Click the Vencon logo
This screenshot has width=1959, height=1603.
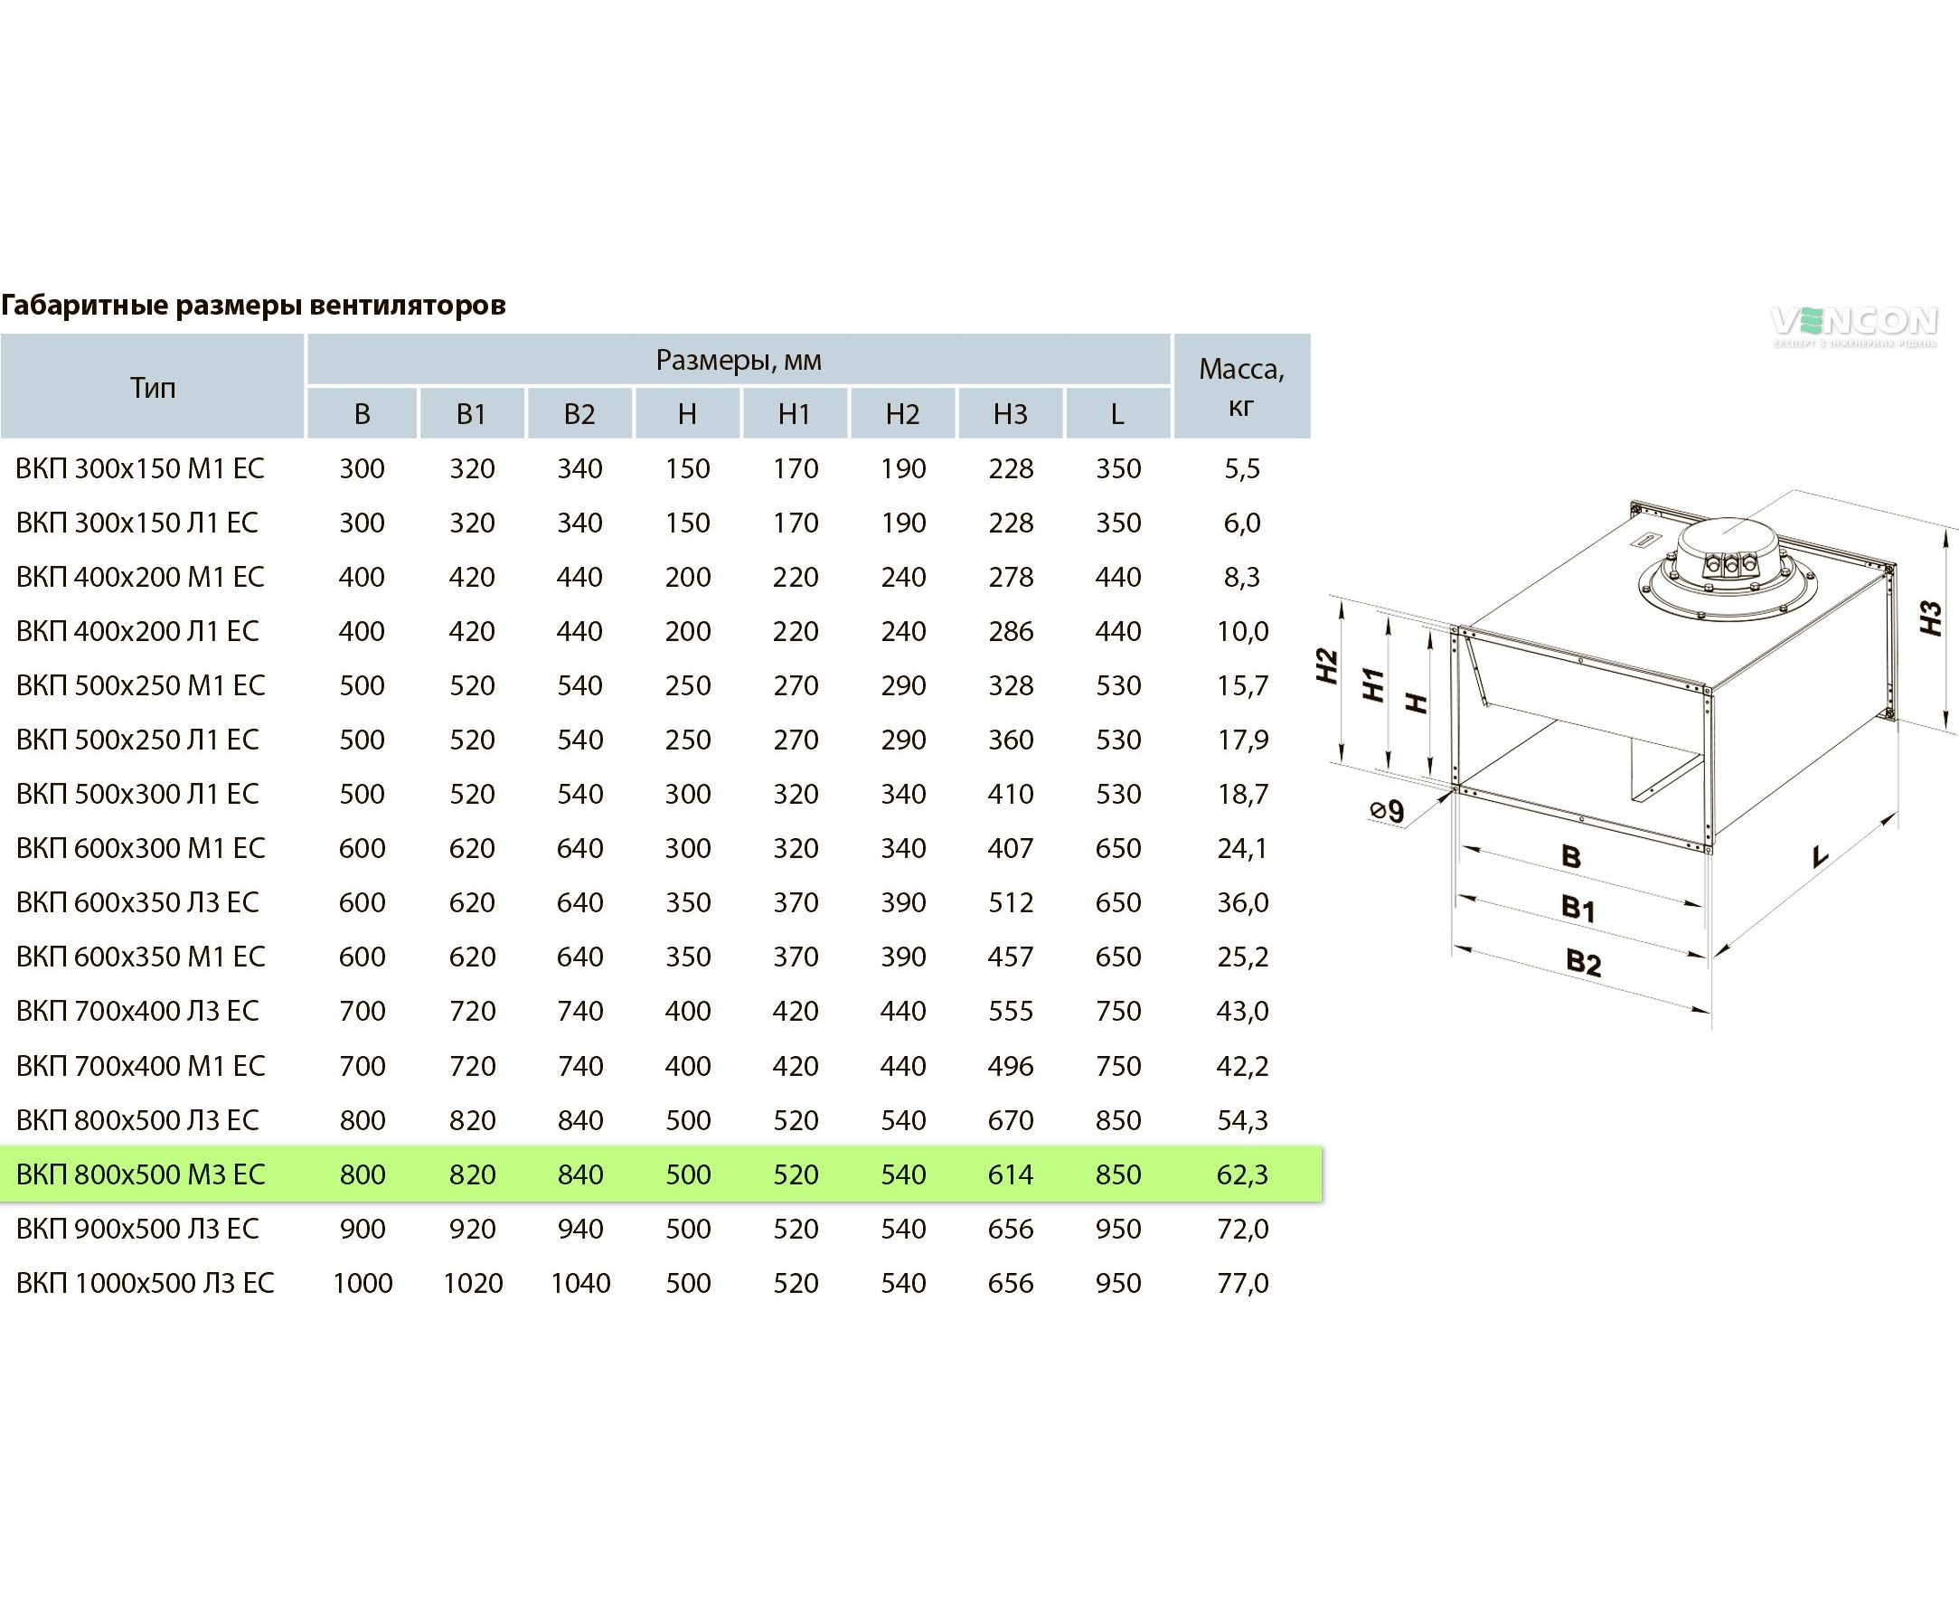click(1854, 325)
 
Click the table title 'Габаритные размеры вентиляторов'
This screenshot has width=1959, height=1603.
click(254, 305)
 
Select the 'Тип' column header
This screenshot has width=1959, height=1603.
click(152, 387)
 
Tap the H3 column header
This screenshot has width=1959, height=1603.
click(1010, 414)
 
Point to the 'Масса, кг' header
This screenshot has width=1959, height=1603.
click(1242, 386)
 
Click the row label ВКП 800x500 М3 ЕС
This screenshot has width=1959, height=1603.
click(140, 1174)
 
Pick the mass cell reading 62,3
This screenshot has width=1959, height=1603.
click(1242, 1174)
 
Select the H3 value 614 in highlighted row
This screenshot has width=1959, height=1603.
click(1010, 1174)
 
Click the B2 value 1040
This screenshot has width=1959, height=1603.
click(579, 1283)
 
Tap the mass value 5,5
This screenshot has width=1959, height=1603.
click(1242, 468)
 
